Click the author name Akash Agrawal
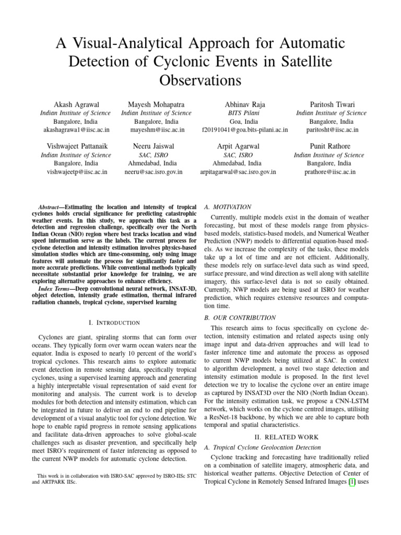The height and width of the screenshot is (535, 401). click(x=76, y=104)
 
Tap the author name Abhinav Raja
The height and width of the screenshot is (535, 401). click(x=238, y=104)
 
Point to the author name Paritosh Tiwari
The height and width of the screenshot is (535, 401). click(x=331, y=104)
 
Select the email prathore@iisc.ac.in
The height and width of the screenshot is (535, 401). click(x=331, y=171)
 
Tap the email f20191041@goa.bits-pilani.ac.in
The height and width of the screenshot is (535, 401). click(x=238, y=130)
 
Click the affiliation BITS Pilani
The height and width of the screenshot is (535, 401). click(x=238, y=113)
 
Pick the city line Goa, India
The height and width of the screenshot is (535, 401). click(x=238, y=121)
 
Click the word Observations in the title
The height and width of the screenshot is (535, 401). click(x=200, y=80)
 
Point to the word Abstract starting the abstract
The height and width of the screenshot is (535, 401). click(x=53, y=207)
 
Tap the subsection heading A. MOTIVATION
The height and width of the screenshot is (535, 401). click(x=229, y=207)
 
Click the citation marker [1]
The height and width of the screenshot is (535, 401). click(x=351, y=483)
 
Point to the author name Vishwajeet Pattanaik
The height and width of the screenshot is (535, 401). click(x=76, y=146)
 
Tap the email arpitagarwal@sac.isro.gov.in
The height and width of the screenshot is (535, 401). click(x=238, y=171)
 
